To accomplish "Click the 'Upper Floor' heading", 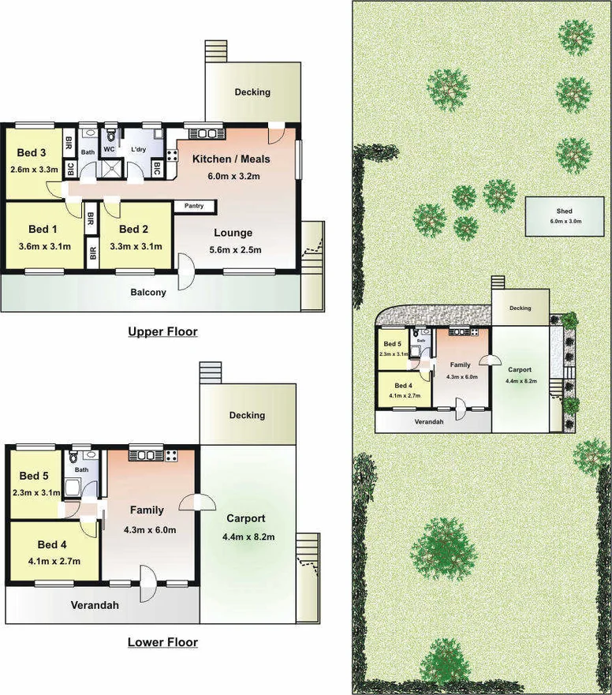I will point(162,332).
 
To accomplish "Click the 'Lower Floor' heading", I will point(162,642).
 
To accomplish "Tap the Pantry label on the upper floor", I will point(194,207).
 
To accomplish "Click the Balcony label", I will point(148,293).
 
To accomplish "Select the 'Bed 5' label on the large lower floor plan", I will point(34,476).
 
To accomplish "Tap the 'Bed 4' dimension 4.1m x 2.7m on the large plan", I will point(52,561).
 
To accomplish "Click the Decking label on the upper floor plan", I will point(252,92).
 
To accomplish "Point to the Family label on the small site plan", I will point(461,365).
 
